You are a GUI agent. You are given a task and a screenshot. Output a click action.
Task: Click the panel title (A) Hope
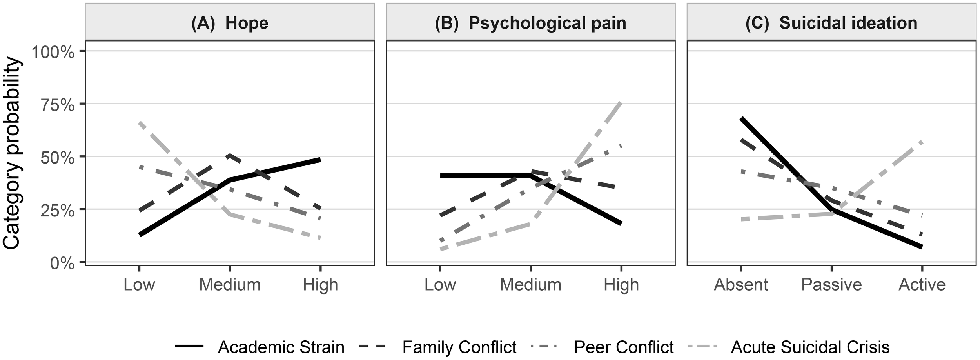pyautogui.click(x=230, y=24)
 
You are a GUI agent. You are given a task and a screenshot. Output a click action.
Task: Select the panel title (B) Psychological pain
pyautogui.click(x=530, y=24)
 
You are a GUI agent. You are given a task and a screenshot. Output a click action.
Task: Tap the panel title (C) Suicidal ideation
pyautogui.click(x=831, y=24)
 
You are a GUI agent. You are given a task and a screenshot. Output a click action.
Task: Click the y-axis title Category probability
pyautogui.click(x=12, y=153)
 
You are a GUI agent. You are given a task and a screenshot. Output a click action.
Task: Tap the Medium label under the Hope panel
pyautogui.click(x=230, y=285)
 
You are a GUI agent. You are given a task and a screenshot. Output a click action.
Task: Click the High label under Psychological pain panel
pyautogui.click(x=621, y=285)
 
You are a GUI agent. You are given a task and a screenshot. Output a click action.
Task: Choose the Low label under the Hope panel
pyautogui.click(x=139, y=285)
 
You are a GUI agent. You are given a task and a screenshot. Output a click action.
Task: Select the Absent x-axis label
pyautogui.click(x=740, y=285)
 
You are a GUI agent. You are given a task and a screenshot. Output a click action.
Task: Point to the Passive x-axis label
pyautogui.click(x=831, y=285)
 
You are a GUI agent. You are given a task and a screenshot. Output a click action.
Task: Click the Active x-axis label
pyautogui.click(x=922, y=285)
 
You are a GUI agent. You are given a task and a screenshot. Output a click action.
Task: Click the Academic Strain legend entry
pyautogui.click(x=281, y=347)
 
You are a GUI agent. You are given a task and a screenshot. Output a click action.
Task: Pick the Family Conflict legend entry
pyautogui.click(x=459, y=347)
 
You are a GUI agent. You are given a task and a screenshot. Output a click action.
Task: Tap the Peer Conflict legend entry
pyautogui.click(x=623, y=347)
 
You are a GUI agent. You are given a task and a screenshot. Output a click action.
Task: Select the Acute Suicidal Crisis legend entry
pyautogui.click(x=810, y=347)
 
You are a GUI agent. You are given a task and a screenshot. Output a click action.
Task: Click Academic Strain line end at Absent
pyautogui.click(x=741, y=118)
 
